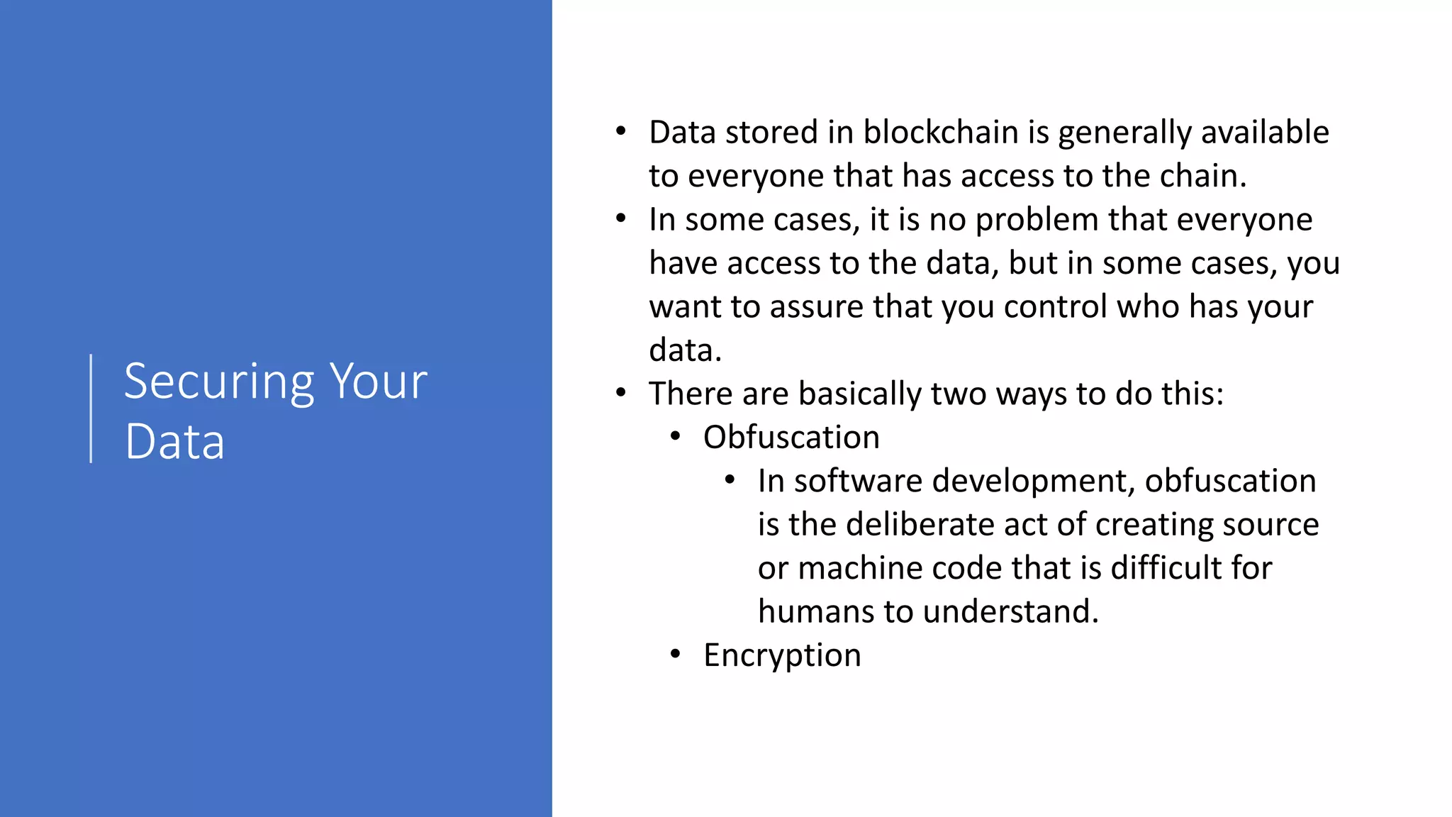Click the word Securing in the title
[219, 383]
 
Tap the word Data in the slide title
[174, 442]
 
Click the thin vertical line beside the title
[91, 408]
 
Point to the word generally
[1124, 133]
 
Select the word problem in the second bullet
[1037, 221]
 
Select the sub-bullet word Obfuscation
[791, 438]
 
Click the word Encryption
[782, 655]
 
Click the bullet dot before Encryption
[676, 654]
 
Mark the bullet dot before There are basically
[621, 393]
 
